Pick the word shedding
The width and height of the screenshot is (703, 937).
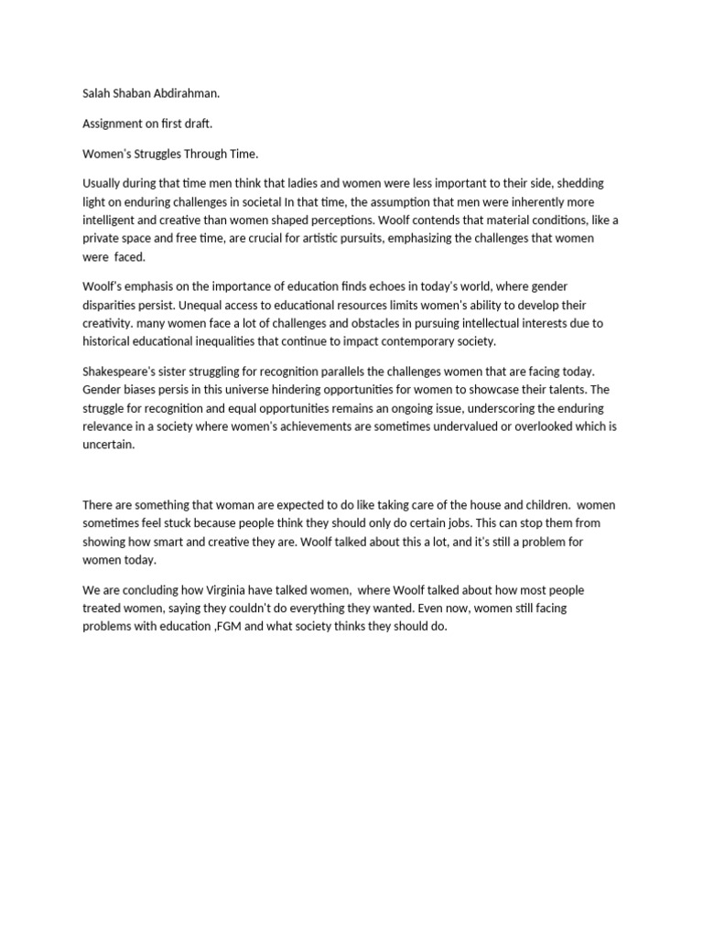[x=579, y=184]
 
